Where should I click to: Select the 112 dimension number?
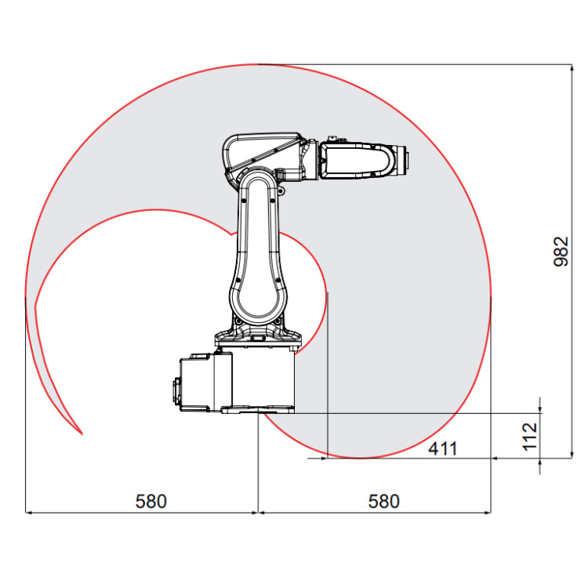531,436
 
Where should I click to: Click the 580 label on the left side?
151,501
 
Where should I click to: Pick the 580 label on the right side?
383,501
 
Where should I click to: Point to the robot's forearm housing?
357,161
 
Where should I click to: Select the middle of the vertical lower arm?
258,251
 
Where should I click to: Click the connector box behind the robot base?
196,383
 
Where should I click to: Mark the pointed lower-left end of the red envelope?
81,432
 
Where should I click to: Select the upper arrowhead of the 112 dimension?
540,407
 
